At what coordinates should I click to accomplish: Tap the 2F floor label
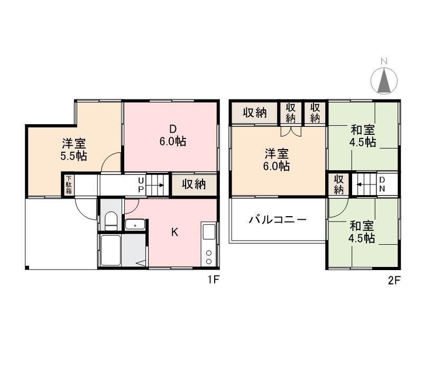click(x=394, y=281)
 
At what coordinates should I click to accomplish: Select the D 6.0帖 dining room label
click(x=173, y=136)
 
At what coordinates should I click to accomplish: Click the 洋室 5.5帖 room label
click(x=74, y=150)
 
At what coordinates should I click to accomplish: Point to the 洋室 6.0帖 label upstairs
click(x=277, y=160)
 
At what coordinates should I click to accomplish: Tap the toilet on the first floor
click(x=111, y=220)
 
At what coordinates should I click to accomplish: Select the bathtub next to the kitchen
click(x=112, y=250)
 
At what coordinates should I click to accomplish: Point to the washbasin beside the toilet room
click(x=135, y=224)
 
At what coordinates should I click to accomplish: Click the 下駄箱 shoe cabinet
click(x=69, y=185)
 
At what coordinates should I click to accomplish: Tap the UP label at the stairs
click(x=141, y=184)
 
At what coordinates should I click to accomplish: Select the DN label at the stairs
click(x=381, y=184)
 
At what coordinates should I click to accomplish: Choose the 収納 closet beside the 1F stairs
click(x=194, y=184)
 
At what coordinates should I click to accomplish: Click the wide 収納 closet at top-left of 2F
click(x=254, y=113)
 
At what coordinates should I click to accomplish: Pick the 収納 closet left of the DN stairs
click(x=339, y=184)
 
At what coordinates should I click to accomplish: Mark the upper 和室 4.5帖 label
click(x=363, y=136)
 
